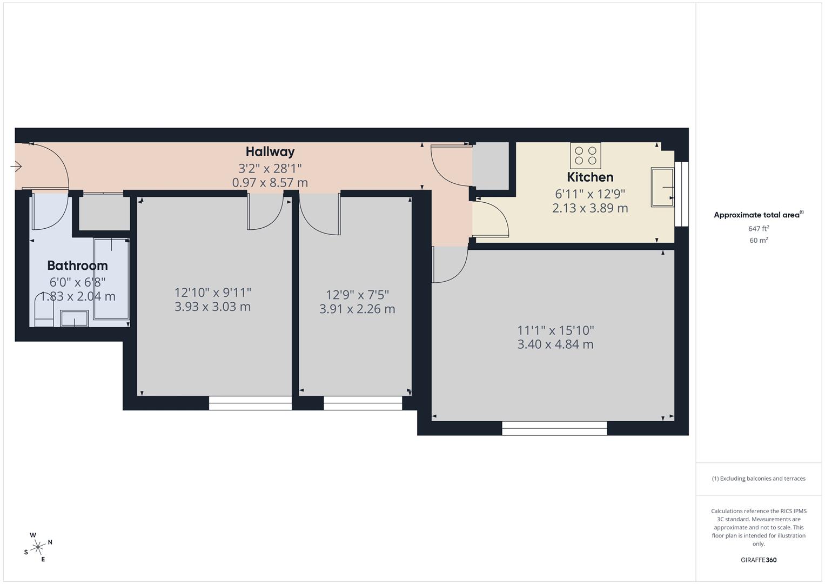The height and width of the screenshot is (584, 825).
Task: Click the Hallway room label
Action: coord(270,151)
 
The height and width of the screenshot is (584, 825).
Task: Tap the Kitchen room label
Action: coord(590,177)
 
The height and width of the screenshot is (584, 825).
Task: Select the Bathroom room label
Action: coord(77,266)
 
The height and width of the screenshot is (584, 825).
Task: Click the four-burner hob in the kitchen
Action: coord(586,156)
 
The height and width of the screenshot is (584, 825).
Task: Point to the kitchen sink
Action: coord(662,187)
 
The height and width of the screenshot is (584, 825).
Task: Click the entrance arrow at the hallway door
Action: coord(16,167)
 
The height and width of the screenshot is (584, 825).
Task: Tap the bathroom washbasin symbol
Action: coord(75,318)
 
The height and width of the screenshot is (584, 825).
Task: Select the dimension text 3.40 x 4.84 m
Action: coord(555,344)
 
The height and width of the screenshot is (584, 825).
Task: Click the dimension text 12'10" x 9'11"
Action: coord(212,293)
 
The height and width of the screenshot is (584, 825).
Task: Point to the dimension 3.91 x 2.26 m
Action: coord(357,309)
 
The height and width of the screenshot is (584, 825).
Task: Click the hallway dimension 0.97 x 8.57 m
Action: coord(270,183)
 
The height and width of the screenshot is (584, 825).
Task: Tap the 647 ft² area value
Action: coord(759,229)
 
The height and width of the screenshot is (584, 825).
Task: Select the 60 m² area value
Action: coord(759,241)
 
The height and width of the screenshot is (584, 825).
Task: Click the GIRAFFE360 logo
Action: coord(759,560)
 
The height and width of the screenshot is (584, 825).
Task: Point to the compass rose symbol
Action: coord(38,547)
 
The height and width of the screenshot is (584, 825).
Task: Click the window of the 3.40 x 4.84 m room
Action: coord(555,428)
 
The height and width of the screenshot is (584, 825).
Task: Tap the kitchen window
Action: coord(681,194)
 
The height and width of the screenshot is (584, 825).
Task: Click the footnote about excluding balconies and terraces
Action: coord(759,479)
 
